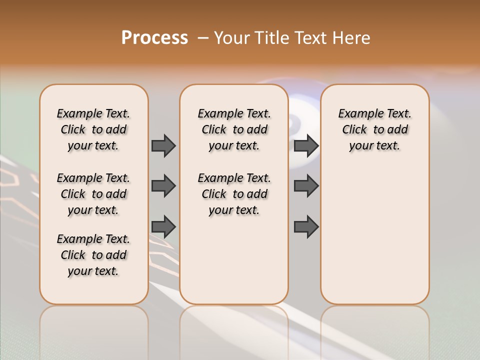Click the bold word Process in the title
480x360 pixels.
(154, 38)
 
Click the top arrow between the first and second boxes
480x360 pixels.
(163, 146)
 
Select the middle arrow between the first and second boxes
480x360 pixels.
(163, 186)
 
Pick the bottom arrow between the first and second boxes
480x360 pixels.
(163, 226)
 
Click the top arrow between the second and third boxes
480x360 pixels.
(306, 146)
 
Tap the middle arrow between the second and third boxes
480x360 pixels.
(306, 186)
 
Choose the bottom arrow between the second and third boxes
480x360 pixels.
(306, 226)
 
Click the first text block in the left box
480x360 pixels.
(93, 129)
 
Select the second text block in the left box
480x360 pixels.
(93, 194)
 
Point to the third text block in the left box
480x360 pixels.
(93, 255)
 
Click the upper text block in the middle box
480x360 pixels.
(234, 129)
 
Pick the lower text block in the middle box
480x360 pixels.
(234, 194)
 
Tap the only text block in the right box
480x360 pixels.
(374, 129)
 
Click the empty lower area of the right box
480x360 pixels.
(374, 235)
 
